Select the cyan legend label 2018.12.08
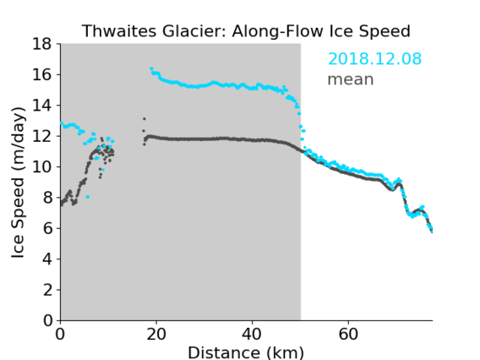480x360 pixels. pyautogui.click(x=374, y=58)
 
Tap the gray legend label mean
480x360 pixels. pyautogui.click(x=351, y=79)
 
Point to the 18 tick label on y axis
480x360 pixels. pyautogui.click(x=42, y=44)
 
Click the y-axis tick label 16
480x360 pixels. pyautogui.click(x=42, y=74)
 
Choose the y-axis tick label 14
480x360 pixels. pyautogui.click(x=42, y=106)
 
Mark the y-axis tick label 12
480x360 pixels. pyautogui.click(x=42, y=136)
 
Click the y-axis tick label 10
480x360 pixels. pyautogui.click(x=42, y=166)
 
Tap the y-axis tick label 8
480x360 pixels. pyautogui.click(x=47, y=198)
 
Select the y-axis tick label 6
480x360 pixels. pyautogui.click(x=47, y=228)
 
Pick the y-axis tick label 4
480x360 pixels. pyautogui.click(x=47, y=259)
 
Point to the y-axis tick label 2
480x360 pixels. pyautogui.click(x=47, y=290)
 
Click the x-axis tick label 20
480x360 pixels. pyautogui.click(x=156, y=334)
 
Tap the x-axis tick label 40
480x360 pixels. pyautogui.click(x=252, y=334)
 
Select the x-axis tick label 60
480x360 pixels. pyautogui.click(x=348, y=334)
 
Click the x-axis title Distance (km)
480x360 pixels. pyautogui.click(x=246, y=353)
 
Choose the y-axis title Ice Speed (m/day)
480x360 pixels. pyautogui.click(x=18, y=183)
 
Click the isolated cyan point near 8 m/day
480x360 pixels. pyautogui.click(x=88, y=197)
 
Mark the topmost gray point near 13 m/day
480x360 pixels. pyautogui.click(x=145, y=119)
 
